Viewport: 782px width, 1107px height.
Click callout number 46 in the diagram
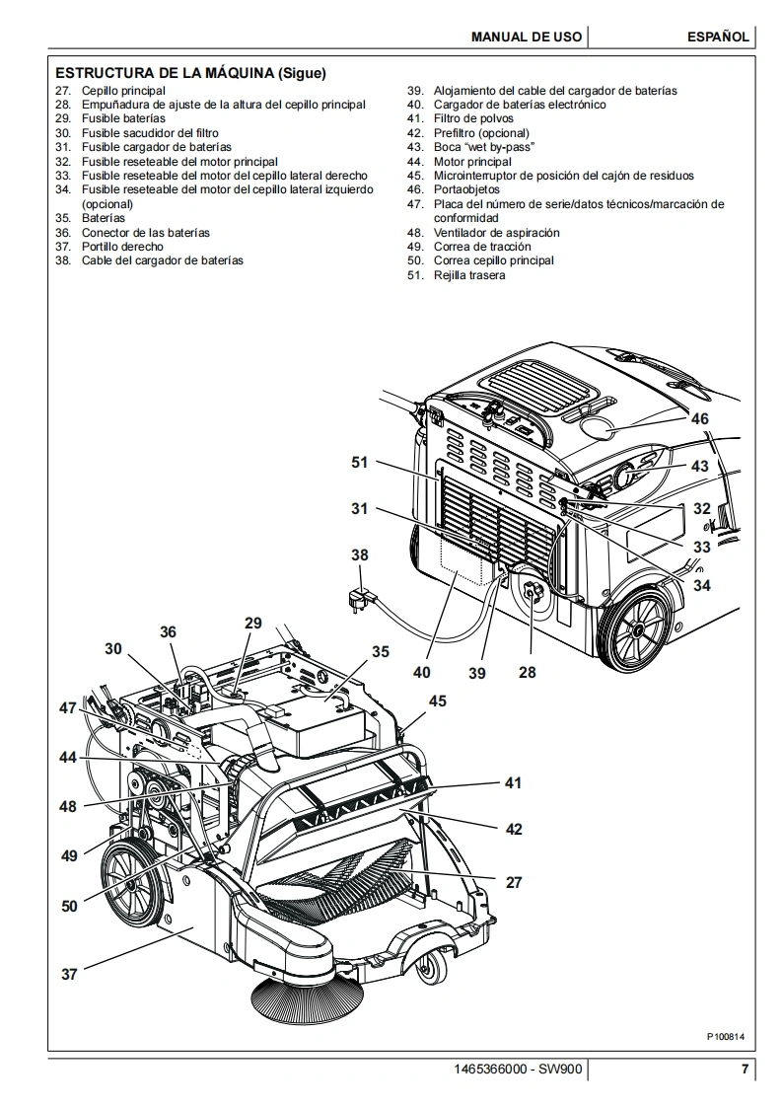click(699, 418)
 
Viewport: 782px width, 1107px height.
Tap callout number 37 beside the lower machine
click(68, 974)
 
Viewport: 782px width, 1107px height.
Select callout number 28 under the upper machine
click(528, 672)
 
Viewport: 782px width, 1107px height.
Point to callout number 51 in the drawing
click(360, 463)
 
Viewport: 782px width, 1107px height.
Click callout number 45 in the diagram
click(438, 701)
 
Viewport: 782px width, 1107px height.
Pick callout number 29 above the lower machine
click(253, 624)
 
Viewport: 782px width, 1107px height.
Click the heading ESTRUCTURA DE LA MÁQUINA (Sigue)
click(190, 73)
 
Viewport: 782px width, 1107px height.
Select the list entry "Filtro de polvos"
click(473, 118)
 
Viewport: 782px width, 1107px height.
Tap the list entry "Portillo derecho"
click(122, 247)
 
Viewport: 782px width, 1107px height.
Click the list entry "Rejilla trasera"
click(469, 275)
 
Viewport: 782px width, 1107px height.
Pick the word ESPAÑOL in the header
click(718, 37)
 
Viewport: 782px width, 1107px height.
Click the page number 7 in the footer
click(745, 1069)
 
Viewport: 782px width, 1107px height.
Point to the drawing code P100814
click(726, 1037)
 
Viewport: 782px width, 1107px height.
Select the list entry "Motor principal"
click(472, 162)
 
